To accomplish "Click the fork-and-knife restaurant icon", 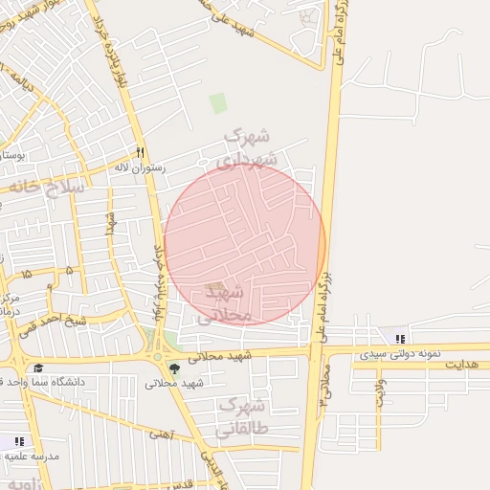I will tap(141, 151).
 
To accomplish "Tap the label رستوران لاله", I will tap(140, 167).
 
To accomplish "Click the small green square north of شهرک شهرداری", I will tap(218, 102).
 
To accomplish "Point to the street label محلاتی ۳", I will tap(325, 386).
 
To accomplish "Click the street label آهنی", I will tap(158, 434).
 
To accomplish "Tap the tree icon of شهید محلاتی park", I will tap(173, 367).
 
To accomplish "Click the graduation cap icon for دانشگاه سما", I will tap(37, 368).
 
